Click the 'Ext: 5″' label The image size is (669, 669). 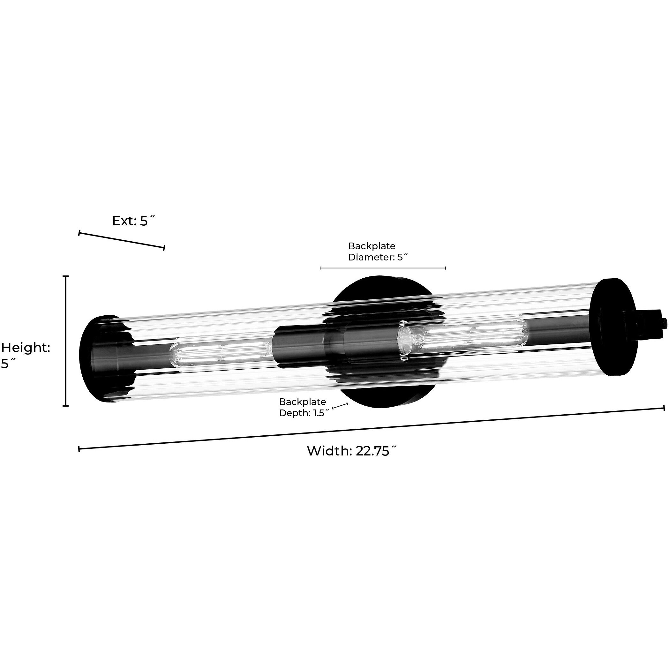134,221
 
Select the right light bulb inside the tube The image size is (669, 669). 462,335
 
